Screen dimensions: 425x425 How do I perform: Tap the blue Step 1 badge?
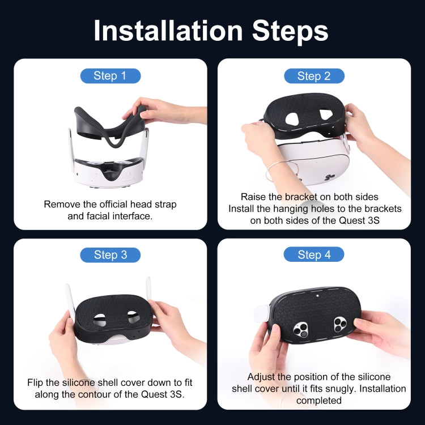click(x=110, y=76)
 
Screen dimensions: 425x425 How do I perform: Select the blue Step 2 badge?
click(x=313, y=76)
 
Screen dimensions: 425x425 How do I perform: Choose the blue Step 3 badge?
click(x=110, y=255)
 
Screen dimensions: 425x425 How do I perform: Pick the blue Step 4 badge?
click(x=313, y=255)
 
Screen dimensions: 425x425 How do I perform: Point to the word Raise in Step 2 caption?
click(x=253, y=197)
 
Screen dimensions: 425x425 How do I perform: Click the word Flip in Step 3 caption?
click(x=37, y=382)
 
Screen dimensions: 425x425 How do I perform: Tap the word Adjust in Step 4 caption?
click(x=262, y=377)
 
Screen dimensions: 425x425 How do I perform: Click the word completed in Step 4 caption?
click(x=318, y=401)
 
